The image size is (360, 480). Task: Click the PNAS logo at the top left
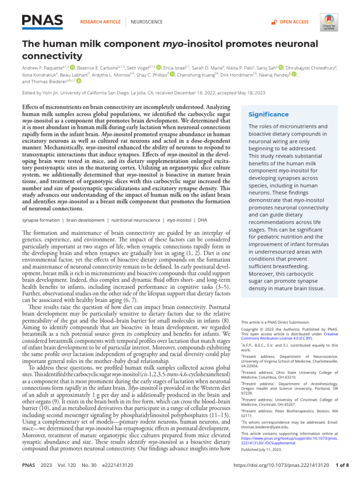click(42, 21)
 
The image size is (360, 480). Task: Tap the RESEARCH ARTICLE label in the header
click(101, 22)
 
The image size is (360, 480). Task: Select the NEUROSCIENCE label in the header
click(146, 22)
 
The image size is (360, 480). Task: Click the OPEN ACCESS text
click(294, 22)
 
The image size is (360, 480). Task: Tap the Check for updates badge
click(329, 22)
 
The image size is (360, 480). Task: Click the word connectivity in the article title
click(52, 56)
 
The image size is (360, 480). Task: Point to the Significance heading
click(268, 114)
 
